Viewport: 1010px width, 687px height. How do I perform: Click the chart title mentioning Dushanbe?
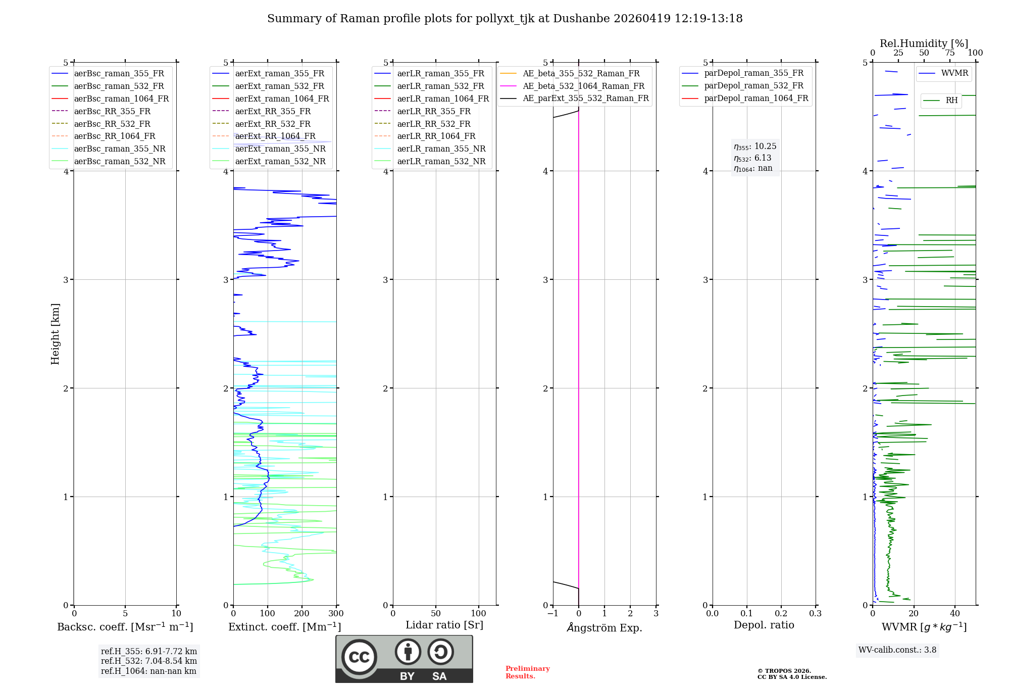(504, 19)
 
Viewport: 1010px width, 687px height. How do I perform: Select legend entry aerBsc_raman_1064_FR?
(121, 99)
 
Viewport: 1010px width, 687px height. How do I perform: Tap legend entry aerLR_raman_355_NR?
(441, 149)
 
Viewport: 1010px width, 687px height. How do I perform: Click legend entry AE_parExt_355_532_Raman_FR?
(585, 98)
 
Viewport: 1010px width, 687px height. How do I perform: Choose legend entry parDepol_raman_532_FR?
(753, 85)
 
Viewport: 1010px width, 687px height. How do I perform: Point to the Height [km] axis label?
(55, 333)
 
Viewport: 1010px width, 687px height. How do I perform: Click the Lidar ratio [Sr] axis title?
(444, 625)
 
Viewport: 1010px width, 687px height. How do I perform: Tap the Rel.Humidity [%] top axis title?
(924, 43)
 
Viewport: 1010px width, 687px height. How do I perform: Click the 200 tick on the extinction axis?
(302, 613)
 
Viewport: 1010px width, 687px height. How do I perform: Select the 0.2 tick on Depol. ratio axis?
(781, 613)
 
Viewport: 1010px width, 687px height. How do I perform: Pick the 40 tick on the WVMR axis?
(955, 613)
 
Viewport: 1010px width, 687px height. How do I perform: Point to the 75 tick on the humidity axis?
(950, 53)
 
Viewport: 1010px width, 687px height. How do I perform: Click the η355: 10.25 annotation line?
(755, 146)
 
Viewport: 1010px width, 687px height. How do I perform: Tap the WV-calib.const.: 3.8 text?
(897, 650)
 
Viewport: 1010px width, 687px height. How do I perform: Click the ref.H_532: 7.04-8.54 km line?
(148, 661)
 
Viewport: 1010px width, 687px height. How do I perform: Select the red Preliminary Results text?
(527, 672)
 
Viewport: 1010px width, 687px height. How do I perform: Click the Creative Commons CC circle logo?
(359, 657)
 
